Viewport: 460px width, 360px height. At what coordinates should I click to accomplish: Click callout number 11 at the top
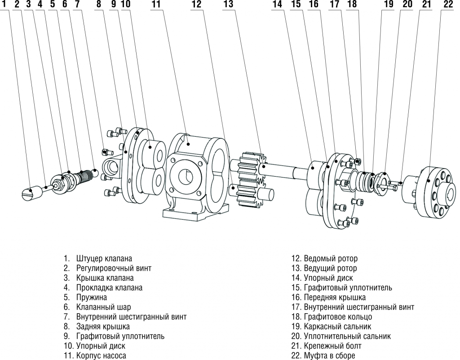[x=156, y=4]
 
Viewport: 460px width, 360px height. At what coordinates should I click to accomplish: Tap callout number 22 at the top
[x=448, y=4]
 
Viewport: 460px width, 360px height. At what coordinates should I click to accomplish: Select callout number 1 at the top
[x=4, y=4]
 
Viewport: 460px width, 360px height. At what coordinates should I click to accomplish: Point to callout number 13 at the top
[x=228, y=4]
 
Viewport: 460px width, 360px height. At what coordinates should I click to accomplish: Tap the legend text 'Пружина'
[x=92, y=297]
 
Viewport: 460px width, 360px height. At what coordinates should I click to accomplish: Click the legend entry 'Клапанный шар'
[x=104, y=307]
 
